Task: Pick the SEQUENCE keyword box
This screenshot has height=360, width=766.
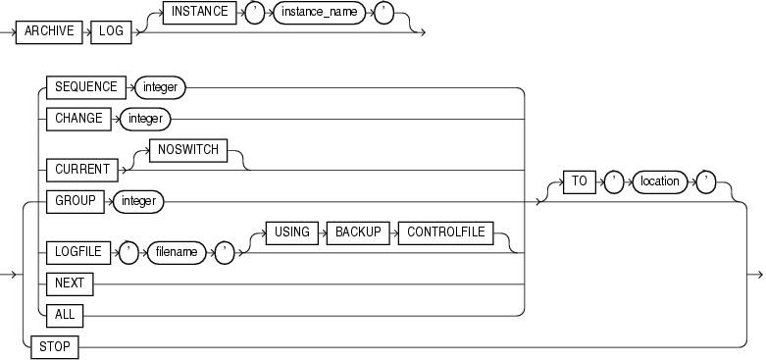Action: [81, 86]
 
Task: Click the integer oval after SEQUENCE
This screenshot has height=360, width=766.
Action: [157, 86]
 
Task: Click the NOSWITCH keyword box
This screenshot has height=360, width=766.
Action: [185, 151]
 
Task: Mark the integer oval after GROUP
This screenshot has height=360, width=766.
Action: [138, 202]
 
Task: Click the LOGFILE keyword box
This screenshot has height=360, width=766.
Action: [77, 251]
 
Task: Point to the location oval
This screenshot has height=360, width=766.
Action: [659, 181]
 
